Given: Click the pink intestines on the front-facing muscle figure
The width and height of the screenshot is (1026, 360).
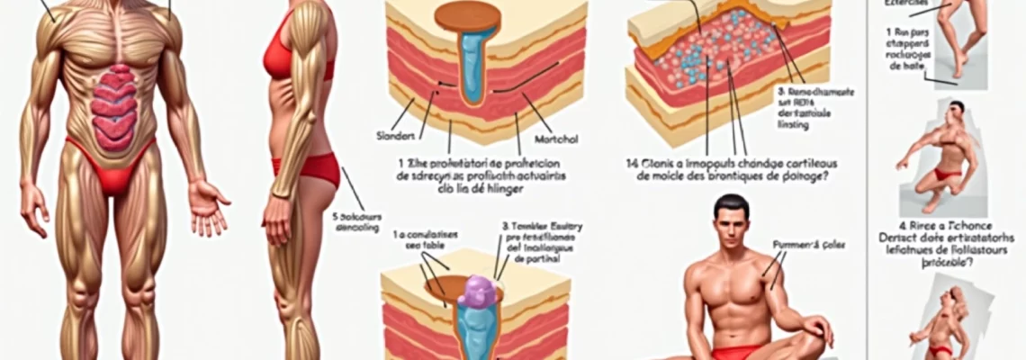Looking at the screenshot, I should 114,106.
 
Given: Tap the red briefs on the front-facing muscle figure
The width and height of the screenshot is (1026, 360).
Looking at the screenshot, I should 112,171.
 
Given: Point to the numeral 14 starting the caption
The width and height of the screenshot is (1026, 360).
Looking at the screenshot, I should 633,164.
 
